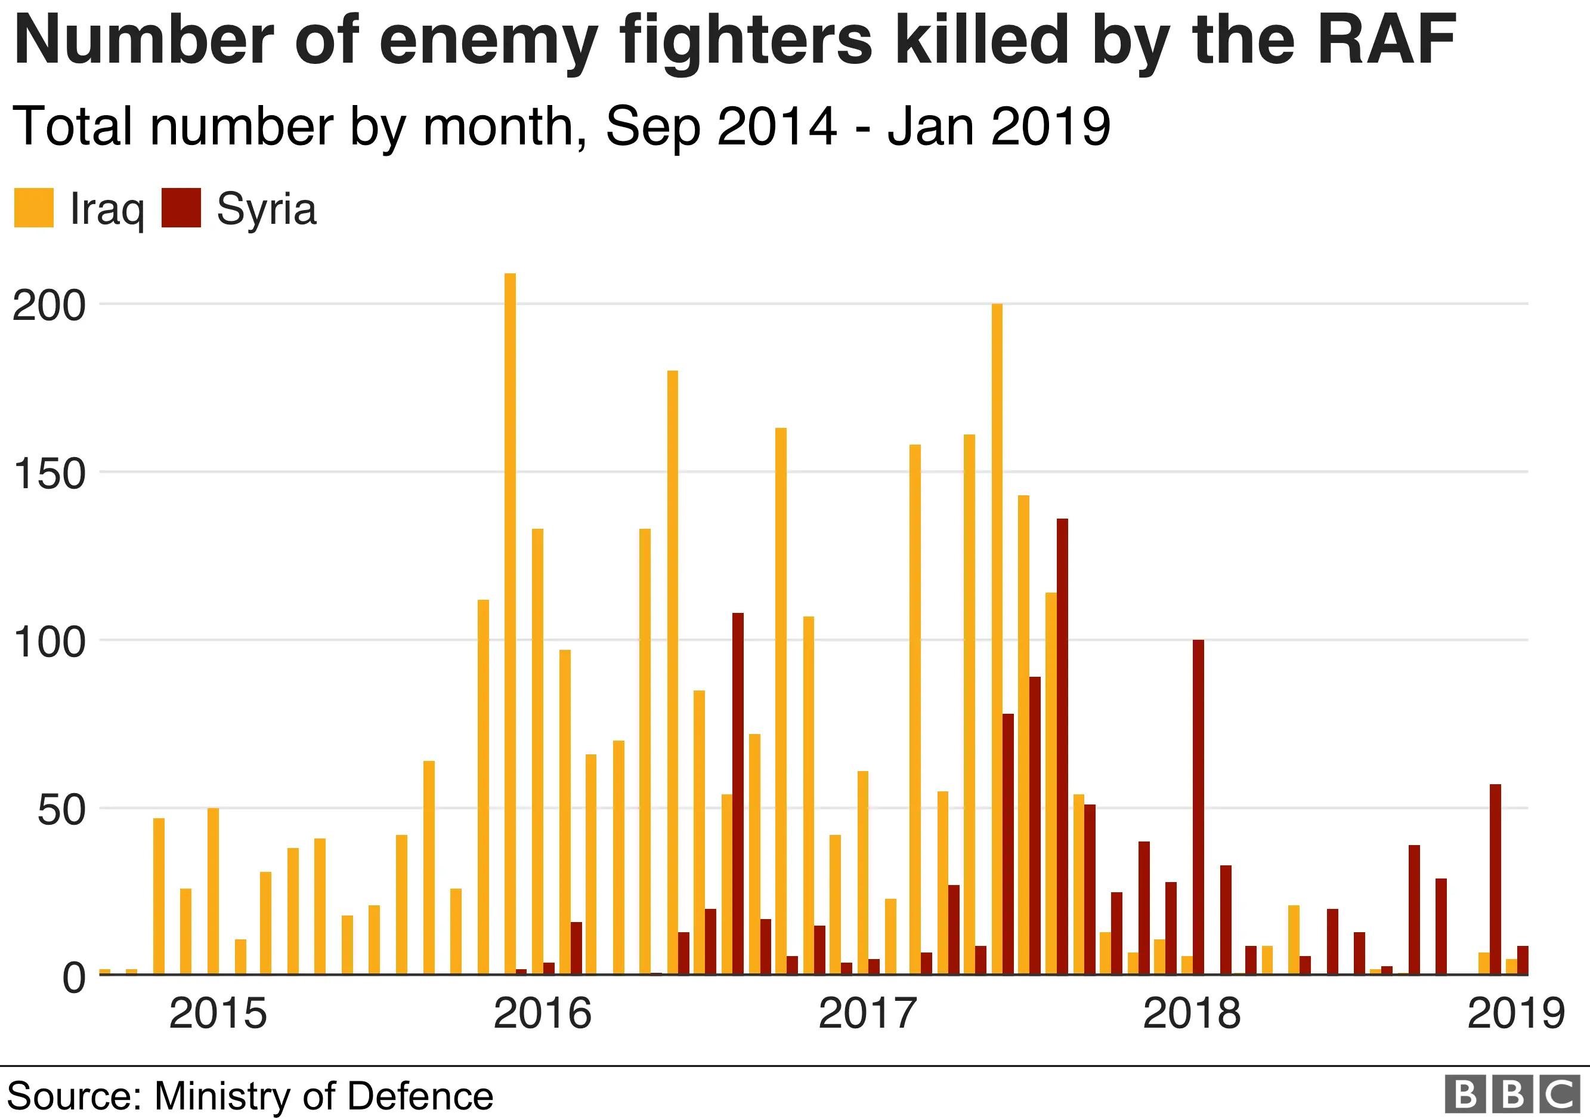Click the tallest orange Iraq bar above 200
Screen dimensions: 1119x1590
point(511,624)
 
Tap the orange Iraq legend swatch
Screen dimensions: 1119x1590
point(34,208)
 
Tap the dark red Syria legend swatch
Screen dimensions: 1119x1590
point(181,208)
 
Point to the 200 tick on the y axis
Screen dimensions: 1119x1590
point(49,306)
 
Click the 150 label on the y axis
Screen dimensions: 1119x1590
point(49,474)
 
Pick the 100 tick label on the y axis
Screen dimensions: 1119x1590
point(49,642)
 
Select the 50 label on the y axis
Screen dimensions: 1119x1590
point(61,810)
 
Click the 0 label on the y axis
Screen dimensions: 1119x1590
point(74,978)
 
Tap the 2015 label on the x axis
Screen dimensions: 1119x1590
point(218,1014)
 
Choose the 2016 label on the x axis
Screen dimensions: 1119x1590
point(542,1014)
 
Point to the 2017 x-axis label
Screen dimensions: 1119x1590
point(868,1014)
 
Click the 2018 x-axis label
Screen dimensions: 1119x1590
point(1192,1014)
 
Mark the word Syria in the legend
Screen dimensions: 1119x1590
point(267,209)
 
